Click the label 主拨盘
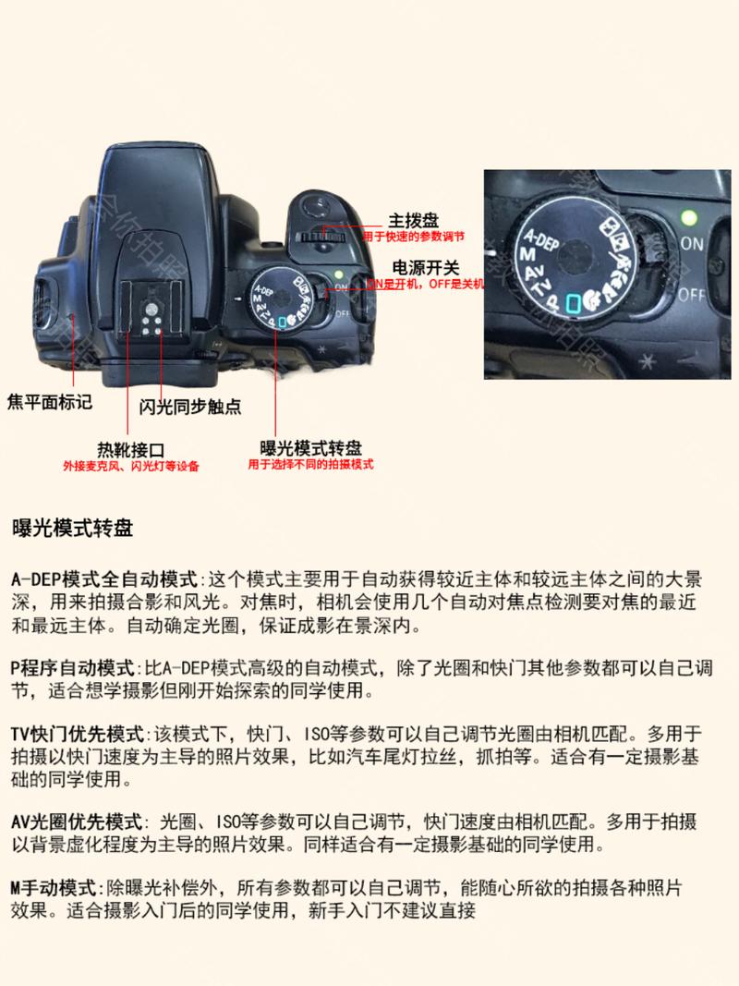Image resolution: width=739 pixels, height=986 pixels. [x=413, y=221]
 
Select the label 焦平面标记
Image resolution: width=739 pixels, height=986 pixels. [x=50, y=403]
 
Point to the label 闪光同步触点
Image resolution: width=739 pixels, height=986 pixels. [x=190, y=407]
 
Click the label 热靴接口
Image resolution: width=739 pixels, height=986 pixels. [x=131, y=449]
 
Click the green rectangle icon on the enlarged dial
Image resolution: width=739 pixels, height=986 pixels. [x=574, y=300]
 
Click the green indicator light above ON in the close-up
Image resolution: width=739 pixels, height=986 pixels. [x=686, y=219]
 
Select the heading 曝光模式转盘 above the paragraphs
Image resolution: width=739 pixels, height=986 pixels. [x=72, y=530]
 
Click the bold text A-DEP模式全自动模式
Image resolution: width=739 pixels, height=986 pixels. [x=105, y=580]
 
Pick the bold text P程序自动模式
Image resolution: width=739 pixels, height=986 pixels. [x=73, y=666]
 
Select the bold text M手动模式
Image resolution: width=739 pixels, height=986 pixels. [x=56, y=889]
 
